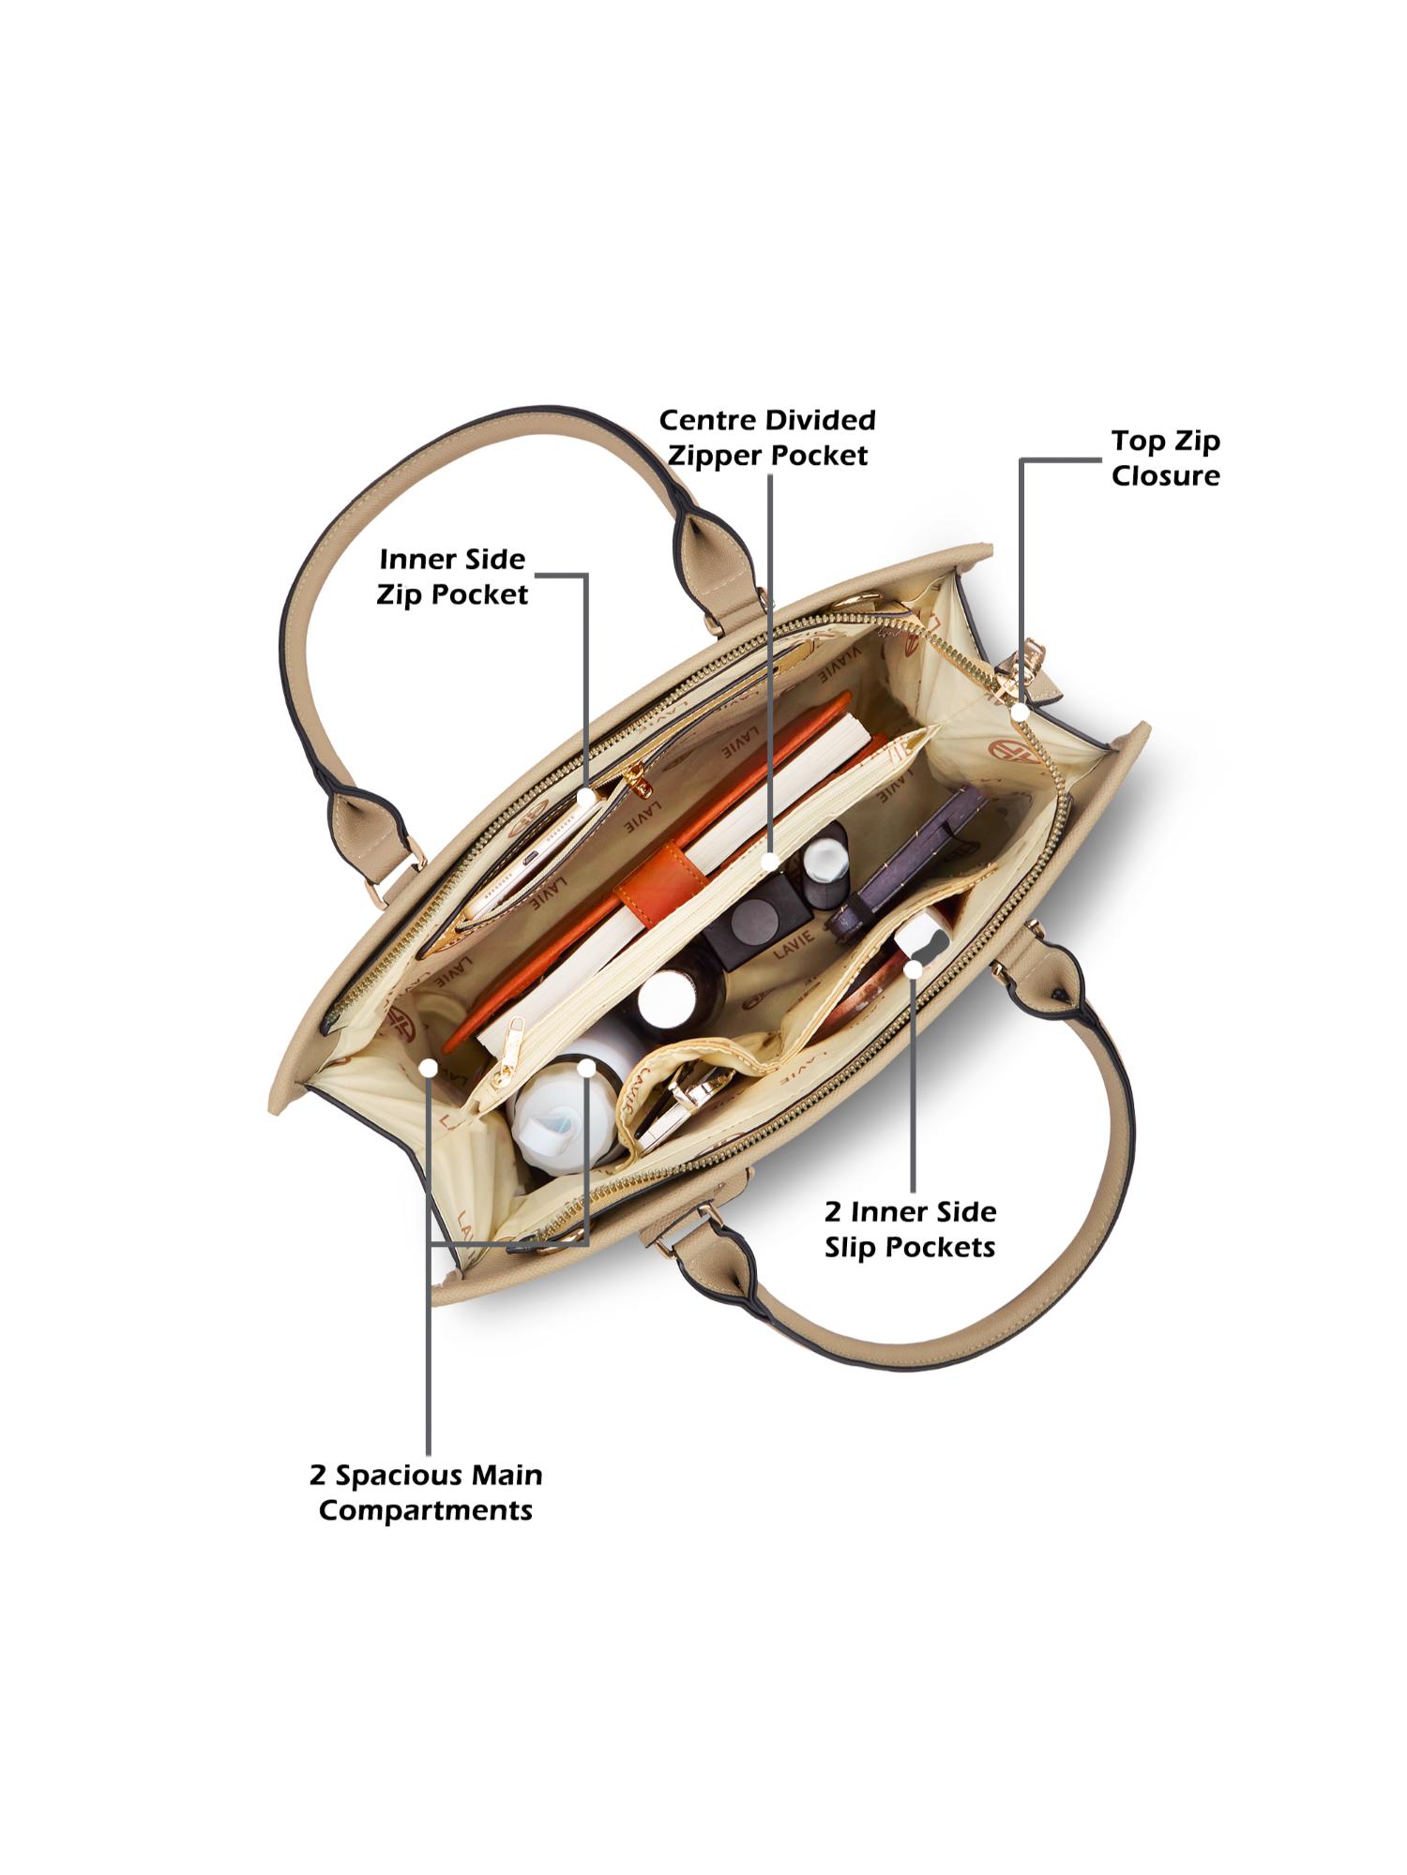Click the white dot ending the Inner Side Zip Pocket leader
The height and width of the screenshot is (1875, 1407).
586,797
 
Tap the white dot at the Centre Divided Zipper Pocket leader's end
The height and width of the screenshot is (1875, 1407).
770,860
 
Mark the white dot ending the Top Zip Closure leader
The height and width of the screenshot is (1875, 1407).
1020,712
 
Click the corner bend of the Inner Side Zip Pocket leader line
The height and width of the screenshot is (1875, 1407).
586,575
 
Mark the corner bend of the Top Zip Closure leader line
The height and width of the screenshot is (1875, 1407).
1021,460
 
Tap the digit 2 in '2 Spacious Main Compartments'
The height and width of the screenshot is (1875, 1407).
318,1476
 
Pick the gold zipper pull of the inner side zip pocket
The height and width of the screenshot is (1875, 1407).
639,781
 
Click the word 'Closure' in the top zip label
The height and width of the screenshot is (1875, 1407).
1166,475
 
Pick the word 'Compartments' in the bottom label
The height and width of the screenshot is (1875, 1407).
426,1511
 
